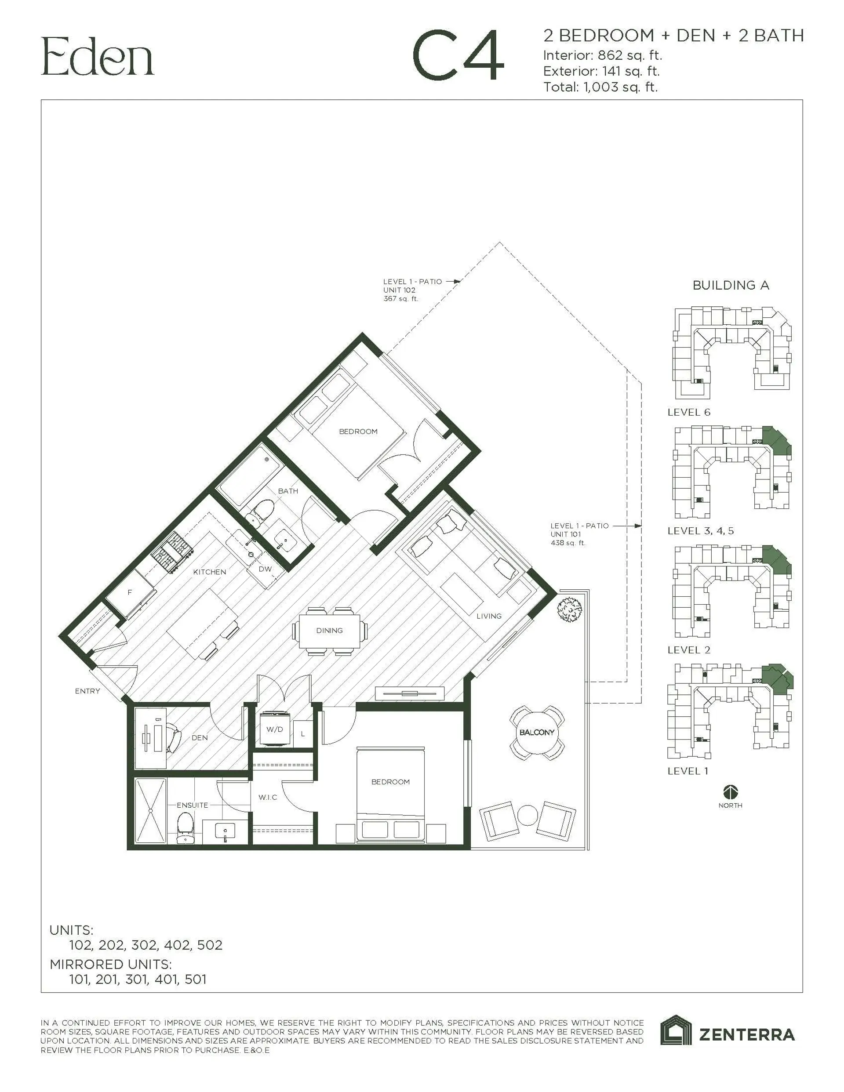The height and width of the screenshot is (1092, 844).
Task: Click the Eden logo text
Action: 98,57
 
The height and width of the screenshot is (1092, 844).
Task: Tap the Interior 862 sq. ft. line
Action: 602,55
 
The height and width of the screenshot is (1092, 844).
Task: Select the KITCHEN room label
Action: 209,572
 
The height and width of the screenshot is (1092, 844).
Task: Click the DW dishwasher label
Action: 265,569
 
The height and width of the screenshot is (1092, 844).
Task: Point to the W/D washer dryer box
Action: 274,729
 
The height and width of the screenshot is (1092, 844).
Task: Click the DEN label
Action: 199,737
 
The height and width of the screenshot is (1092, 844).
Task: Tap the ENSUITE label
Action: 192,805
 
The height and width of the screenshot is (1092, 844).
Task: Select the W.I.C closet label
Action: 268,797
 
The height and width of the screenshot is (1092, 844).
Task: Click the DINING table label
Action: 329,631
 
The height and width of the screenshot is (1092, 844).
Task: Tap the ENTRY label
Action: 87,691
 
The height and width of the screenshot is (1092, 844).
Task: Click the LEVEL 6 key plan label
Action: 689,412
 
